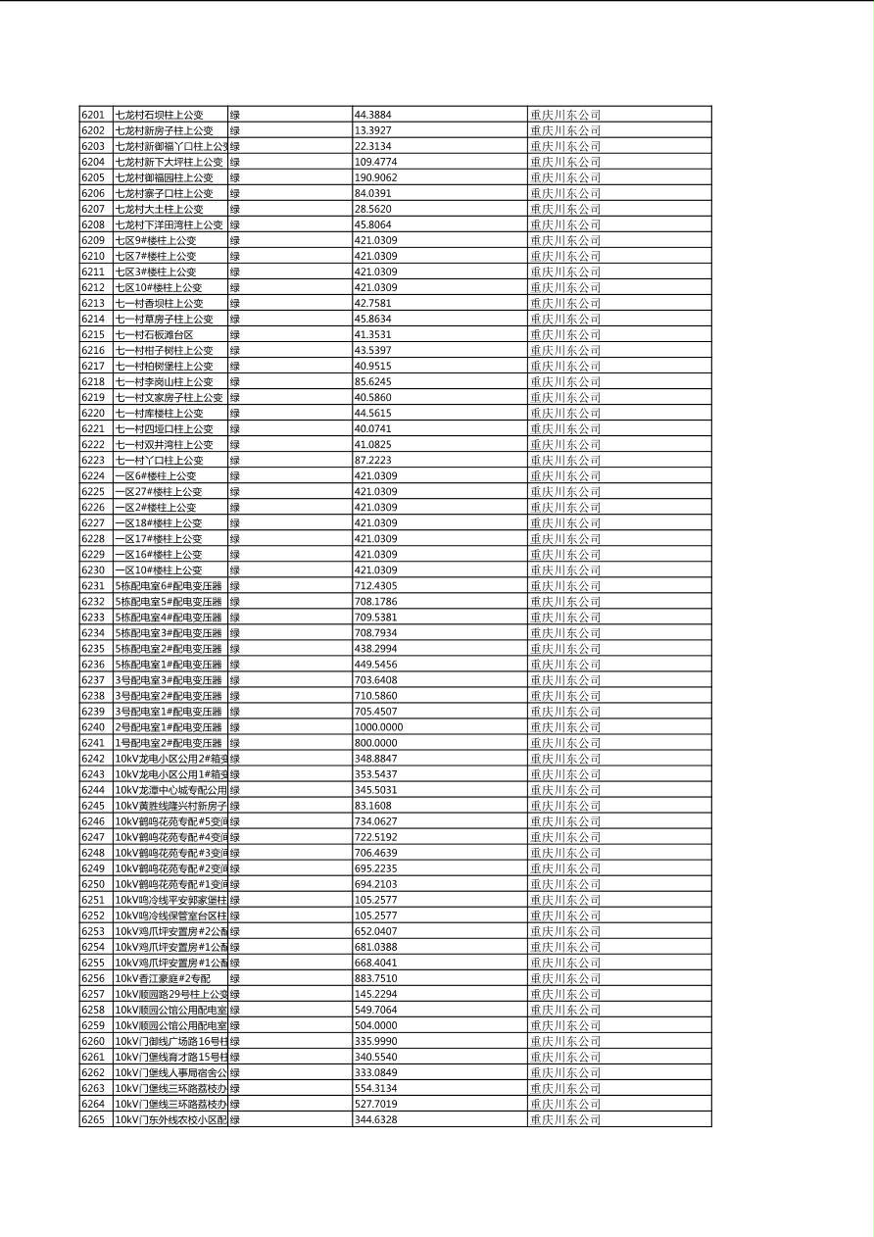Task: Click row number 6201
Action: click(x=93, y=115)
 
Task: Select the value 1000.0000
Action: click(x=378, y=727)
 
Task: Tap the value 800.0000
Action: click(x=376, y=743)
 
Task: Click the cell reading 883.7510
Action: click(x=375, y=978)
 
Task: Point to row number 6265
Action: click(x=93, y=1119)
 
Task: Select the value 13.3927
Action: click(x=372, y=130)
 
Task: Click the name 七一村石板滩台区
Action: click(x=154, y=334)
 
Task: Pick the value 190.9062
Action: click(x=375, y=177)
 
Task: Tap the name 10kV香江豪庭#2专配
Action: click(x=163, y=978)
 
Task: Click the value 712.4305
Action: click(x=375, y=585)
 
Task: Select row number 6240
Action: click(x=93, y=727)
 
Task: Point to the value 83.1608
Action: click(x=372, y=806)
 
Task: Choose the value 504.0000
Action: click(x=375, y=1025)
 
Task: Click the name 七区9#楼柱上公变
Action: click(x=156, y=240)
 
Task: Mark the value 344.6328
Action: click(x=375, y=1119)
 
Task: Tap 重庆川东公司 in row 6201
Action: click(x=565, y=115)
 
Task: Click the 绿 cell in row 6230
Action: click(x=235, y=569)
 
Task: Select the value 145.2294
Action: click(x=375, y=994)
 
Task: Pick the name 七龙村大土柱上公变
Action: click(x=160, y=209)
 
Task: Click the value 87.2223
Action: click(x=372, y=460)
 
